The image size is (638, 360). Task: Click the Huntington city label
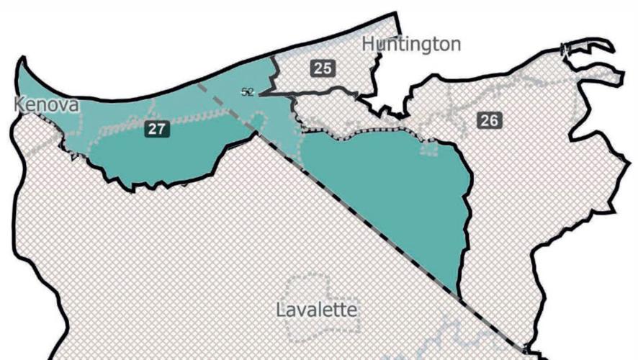(411, 44)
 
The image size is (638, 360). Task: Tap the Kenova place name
(47, 106)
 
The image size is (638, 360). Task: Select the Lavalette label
(317, 310)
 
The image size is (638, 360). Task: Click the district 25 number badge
(322, 68)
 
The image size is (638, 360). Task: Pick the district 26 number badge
(489, 120)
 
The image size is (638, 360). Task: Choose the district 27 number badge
(156, 130)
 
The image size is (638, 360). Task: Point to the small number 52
(248, 91)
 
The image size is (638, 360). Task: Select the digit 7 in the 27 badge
(161, 130)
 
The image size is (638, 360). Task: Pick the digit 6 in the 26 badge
(493, 120)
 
